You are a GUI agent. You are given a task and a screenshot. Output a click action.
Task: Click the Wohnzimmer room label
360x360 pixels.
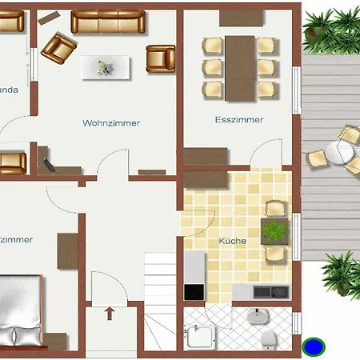click(111, 123)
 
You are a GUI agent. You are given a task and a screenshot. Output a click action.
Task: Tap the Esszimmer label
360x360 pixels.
click(239, 120)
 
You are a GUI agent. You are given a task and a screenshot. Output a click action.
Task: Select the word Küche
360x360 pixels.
click(233, 240)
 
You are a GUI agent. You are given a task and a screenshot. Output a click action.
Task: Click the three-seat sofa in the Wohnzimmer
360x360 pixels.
click(108, 22)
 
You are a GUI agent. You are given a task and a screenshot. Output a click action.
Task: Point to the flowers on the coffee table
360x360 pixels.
click(103, 67)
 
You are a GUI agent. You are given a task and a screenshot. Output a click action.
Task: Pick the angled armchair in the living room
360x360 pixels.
click(58, 48)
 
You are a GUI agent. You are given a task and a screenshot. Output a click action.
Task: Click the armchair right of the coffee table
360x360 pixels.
click(160, 58)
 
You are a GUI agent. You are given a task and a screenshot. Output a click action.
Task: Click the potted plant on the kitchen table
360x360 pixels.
click(275, 232)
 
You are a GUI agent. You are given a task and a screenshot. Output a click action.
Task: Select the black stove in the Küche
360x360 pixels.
click(194, 291)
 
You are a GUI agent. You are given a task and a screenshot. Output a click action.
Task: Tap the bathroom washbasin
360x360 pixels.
click(256, 317)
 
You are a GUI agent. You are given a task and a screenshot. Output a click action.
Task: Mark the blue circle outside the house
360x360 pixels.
click(314, 347)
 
